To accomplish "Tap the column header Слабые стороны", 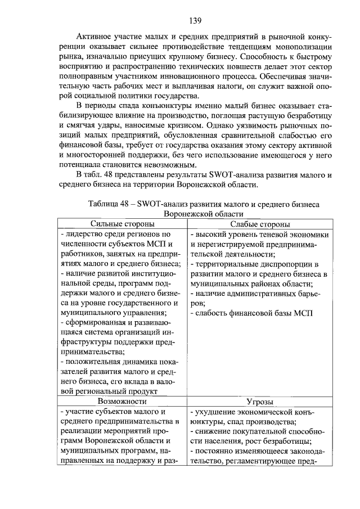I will [260, 224].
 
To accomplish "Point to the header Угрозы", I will [260, 402].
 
